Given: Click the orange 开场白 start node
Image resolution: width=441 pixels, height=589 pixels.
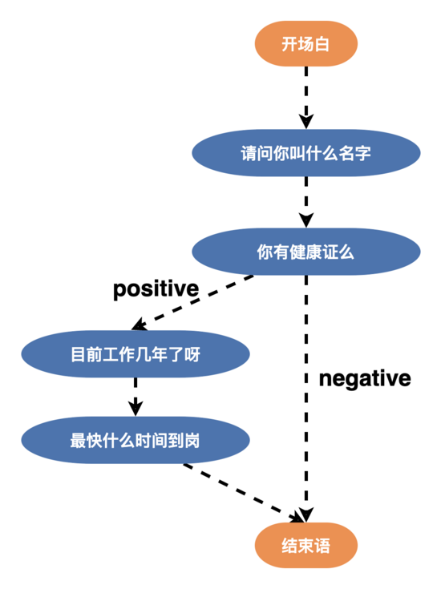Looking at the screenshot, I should (x=305, y=44).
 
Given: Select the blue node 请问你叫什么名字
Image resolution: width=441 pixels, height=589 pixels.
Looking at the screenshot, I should (x=305, y=152).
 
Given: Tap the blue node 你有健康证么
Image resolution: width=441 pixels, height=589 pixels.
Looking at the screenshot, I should (x=305, y=252).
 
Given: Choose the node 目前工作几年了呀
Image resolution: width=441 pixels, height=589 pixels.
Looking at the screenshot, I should (x=135, y=353).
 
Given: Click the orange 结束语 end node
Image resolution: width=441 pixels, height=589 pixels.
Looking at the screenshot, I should (x=305, y=547).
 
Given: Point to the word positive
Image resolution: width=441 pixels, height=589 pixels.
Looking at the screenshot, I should (x=156, y=288).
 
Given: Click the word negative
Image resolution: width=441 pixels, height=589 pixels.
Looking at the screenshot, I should (x=365, y=378).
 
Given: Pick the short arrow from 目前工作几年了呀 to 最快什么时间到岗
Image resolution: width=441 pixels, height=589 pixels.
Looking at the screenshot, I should (x=135, y=394).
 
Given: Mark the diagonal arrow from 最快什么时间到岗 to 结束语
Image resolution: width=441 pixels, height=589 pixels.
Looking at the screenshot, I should (x=241, y=490).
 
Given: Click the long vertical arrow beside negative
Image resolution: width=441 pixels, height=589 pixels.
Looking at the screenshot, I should (x=305, y=401).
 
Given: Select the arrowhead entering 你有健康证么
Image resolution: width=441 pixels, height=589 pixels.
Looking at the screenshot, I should (x=305, y=221).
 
